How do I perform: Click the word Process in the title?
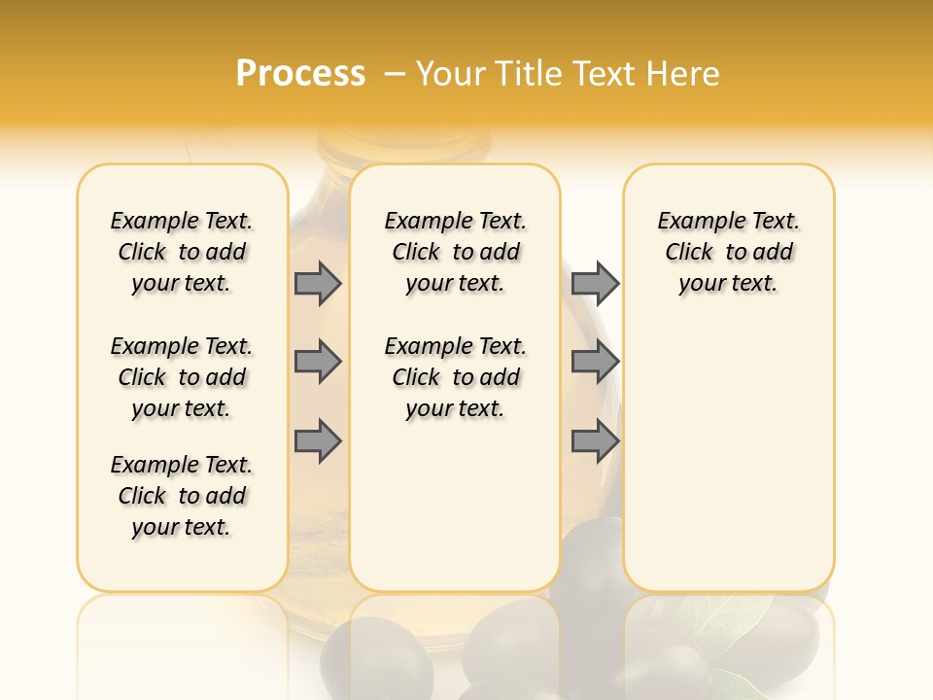(300, 73)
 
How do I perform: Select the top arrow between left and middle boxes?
(318, 283)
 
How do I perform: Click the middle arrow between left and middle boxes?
(318, 362)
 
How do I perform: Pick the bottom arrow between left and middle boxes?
(318, 440)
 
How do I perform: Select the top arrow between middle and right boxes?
(595, 283)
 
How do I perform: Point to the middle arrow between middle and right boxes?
(595, 362)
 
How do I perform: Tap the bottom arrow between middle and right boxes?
(595, 440)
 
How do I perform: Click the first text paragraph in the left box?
(182, 252)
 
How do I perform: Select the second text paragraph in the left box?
(182, 377)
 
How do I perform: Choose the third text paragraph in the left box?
(182, 496)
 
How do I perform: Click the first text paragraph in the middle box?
(455, 252)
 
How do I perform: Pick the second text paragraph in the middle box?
(455, 377)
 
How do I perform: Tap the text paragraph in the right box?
(728, 252)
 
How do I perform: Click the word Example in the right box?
(693, 221)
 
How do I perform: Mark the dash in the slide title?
(396, 74)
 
